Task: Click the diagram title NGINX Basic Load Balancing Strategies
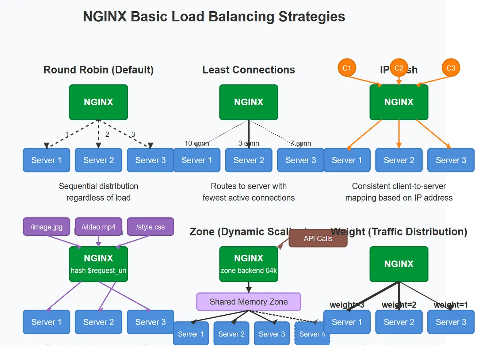pos(214,17)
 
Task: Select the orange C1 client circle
pos(347,68)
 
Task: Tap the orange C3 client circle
pos(451,68)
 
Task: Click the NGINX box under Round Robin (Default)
pos(98,102)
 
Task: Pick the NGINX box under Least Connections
pos(248,102)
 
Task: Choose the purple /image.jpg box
pos(46,227)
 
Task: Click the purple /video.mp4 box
pos(98,227)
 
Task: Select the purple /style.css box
pos(150,227)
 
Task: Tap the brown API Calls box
pos(318,239)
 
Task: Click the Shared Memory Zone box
pos(248,302)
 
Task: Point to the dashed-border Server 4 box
pos(312,333)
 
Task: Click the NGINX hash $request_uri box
pos(98,264)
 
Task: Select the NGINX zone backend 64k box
pos(248,264)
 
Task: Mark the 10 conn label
pos(197,143)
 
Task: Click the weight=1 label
pos(451,305)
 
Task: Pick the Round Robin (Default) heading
pos(98,70)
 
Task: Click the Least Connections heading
pos(248,70)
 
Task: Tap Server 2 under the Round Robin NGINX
pos(98,160)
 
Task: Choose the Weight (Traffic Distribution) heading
pos(399,232)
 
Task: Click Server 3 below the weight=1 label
pos(451,322)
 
